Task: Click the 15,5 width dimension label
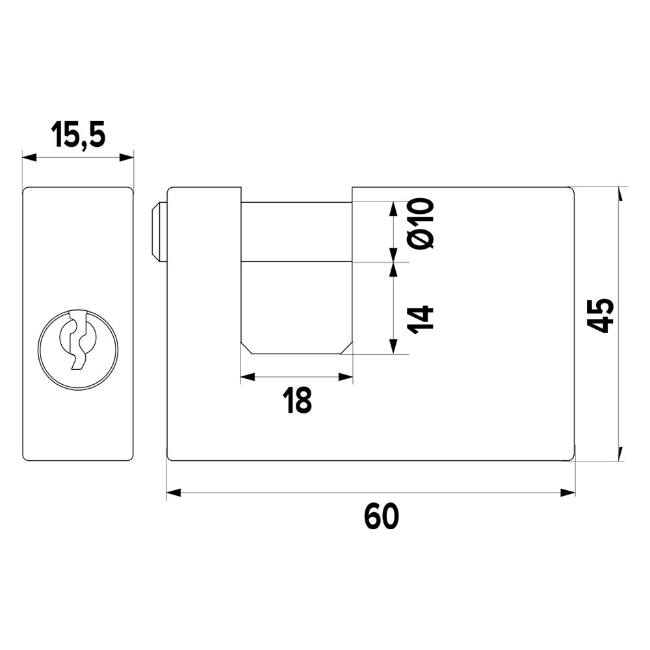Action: tap(79, 135)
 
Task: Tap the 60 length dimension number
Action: tap(382, 517)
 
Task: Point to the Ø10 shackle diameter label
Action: tap(421, 224)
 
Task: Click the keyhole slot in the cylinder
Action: tap(79, 339)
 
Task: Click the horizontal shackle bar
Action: tap(296, 232)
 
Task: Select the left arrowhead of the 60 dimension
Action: tap(174, 493)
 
